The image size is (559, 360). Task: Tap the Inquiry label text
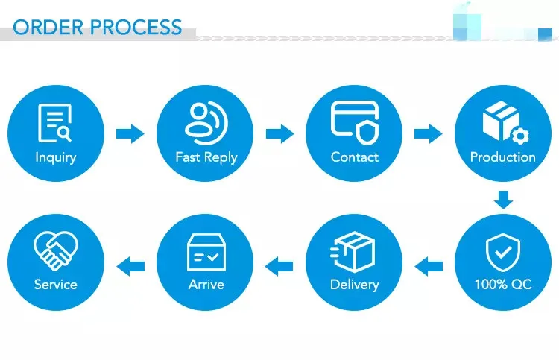coord(56,157)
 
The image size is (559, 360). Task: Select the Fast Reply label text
coord(206,157)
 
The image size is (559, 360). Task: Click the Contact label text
coord(355,157)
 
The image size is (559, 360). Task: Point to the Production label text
coord(503,157)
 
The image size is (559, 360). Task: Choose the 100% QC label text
coord(503,285)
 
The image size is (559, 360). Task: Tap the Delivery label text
coord(355,285)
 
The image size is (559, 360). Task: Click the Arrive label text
coord(206,285)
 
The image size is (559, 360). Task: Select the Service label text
coord(56,285)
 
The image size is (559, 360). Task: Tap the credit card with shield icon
coord(355,123)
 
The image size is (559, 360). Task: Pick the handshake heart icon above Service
coord(56,250)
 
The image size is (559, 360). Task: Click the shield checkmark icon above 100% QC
coord(503,250)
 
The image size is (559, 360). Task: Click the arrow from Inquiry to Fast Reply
coord(130,134)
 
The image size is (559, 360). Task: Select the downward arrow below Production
coord(504,199)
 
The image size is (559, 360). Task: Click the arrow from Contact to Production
coord(428,134)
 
